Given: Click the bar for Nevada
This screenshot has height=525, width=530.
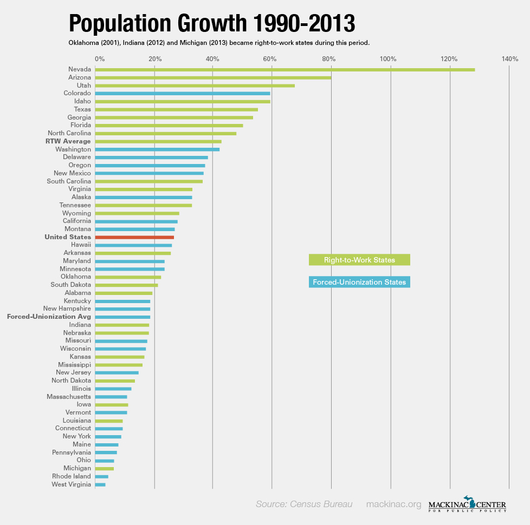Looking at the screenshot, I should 285,69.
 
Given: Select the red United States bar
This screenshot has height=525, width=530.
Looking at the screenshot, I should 134,237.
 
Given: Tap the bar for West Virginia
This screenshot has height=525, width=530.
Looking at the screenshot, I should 100,484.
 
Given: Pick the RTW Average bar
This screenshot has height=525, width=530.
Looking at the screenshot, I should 158,141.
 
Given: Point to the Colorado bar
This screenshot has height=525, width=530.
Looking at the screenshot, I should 183,93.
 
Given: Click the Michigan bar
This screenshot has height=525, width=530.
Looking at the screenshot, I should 105,468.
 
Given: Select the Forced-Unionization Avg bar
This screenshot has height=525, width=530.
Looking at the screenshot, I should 122,317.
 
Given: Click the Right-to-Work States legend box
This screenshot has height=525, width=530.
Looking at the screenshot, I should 359,260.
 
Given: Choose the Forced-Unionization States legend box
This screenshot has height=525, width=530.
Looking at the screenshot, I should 359,282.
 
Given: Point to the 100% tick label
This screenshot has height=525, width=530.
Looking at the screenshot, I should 389,58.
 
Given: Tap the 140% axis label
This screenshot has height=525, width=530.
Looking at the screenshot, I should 510,58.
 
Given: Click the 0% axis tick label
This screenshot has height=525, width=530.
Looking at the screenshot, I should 99,58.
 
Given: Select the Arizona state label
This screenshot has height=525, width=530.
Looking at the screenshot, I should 80,77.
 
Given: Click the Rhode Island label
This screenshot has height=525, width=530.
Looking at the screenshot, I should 72,476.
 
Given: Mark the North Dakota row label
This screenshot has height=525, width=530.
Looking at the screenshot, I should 71,380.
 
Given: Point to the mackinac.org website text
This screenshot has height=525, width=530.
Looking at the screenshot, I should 393,504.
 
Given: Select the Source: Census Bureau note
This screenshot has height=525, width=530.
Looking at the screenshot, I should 304,504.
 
